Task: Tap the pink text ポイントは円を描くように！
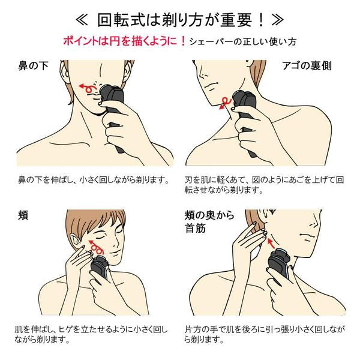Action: (124, 41)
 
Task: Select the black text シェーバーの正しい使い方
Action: (242, 42)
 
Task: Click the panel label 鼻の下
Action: (33, 66)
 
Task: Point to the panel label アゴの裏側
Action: (307, 66)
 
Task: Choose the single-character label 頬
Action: (23, 215)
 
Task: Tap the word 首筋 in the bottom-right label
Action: (196, 228)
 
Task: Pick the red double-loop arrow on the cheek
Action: (96, 247)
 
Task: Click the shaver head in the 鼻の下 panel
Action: (112, 93)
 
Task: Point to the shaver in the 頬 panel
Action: (100, 268)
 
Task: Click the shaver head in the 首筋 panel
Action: (279, 257)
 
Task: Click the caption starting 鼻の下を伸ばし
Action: (94, 180)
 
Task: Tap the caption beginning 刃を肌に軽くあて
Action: (264, 185)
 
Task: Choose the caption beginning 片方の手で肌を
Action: (265, 334)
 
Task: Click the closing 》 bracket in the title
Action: (277, 20)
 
